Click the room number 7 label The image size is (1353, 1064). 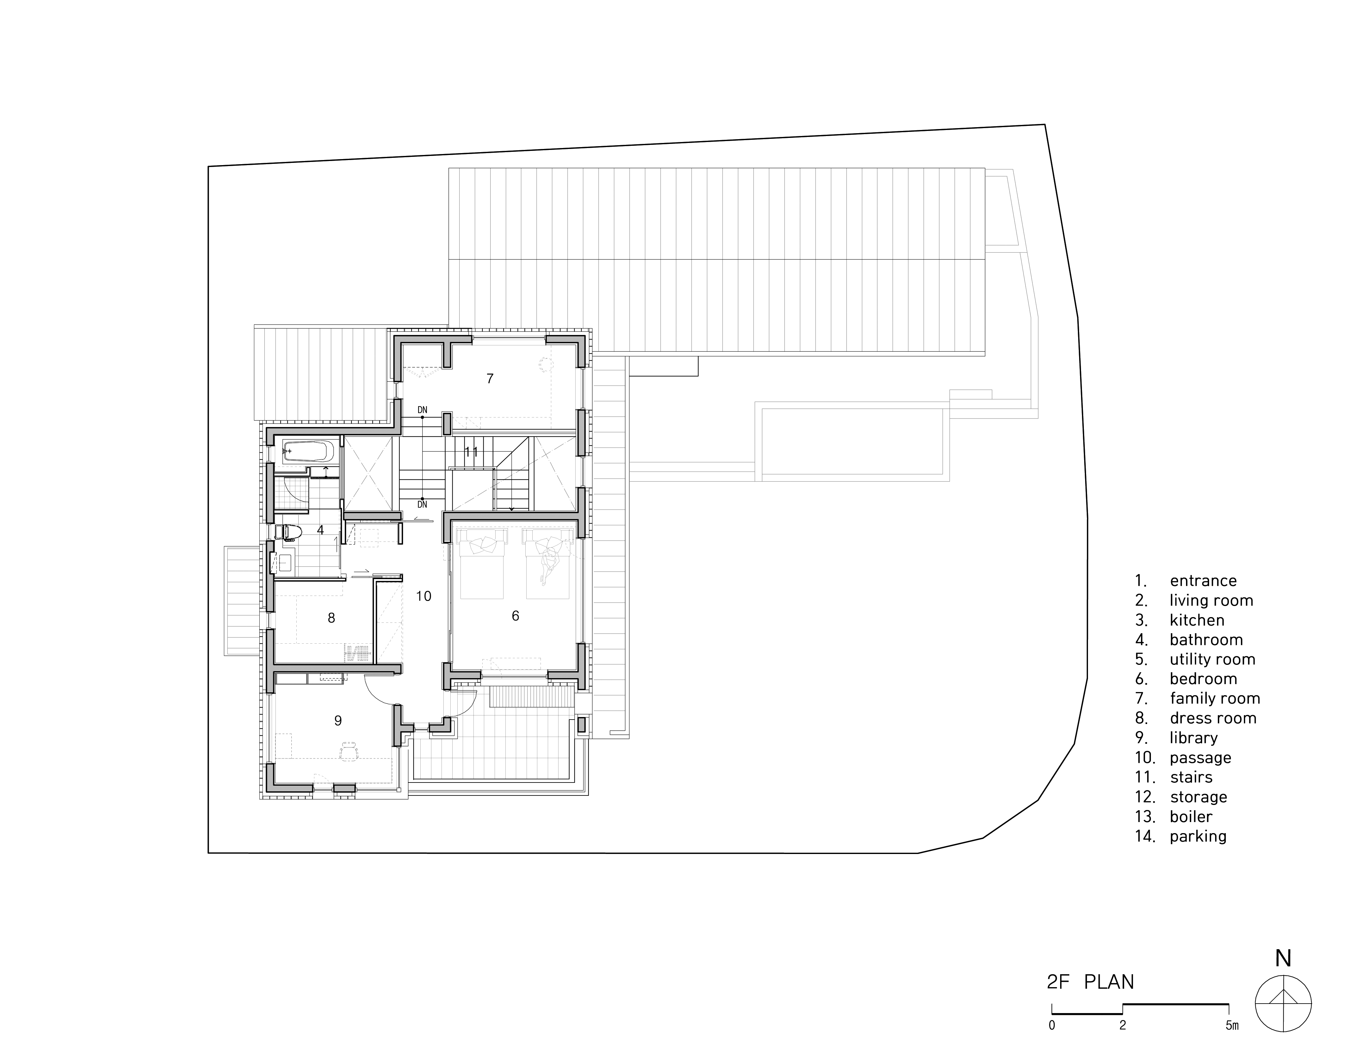point(490,378)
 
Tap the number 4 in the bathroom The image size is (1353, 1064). point(320,530)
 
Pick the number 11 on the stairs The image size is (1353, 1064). point(471,452)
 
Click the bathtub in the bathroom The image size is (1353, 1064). point(310,451)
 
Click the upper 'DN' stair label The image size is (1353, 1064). point(422,410)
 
